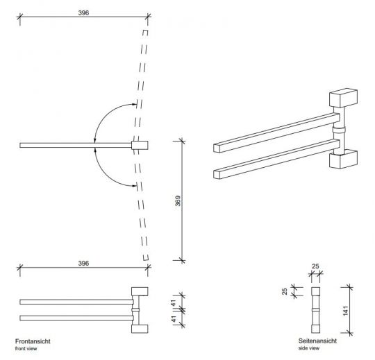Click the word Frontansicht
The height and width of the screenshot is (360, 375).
click(33, 341)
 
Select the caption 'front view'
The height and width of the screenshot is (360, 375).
click(26, 348)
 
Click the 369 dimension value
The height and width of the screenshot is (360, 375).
click(177, 201)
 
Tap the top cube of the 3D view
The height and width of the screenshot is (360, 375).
click(342, 98)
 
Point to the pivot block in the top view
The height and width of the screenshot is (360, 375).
click(140, 145)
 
